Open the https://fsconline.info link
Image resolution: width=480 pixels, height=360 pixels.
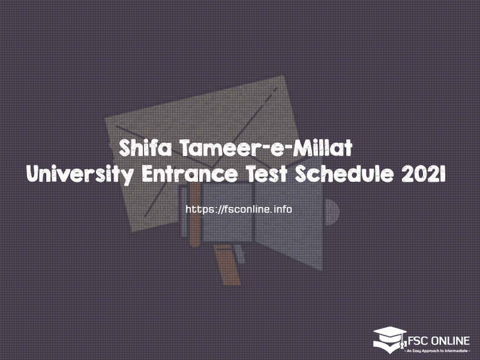[239, 209]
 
